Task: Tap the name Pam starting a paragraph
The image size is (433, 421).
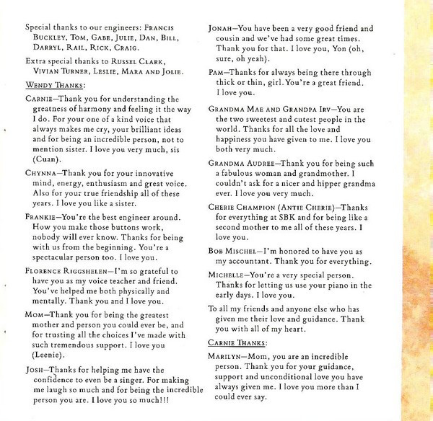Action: tap(217, 74)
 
